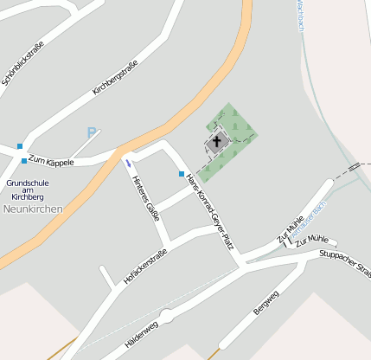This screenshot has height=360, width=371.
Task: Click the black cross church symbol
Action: [217, 141]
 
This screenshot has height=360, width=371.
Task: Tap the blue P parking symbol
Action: [92, 133]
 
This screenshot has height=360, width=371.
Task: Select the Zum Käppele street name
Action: [51, 161]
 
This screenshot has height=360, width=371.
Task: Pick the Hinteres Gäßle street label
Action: [146, 198]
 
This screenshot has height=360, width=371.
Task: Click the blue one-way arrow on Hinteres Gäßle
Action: [128, 163]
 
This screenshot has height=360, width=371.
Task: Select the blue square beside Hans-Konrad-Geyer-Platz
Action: [182, 174]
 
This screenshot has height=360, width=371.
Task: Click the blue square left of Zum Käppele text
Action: [23, 161]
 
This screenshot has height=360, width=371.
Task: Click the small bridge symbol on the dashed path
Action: [353, 164]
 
